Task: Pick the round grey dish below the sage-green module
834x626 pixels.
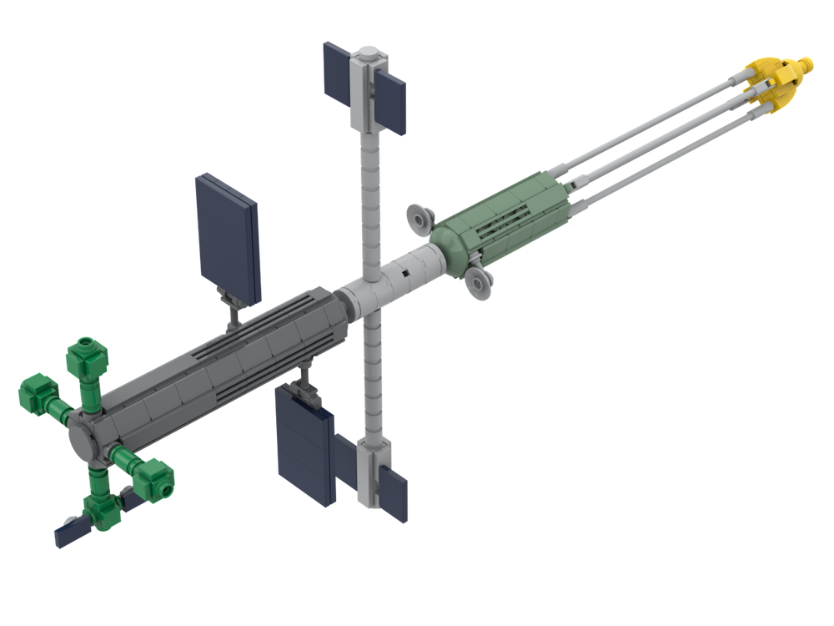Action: tap(479, 284)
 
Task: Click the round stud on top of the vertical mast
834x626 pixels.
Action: tap(366, 53)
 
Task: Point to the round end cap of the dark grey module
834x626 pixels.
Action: tap(83, 438)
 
